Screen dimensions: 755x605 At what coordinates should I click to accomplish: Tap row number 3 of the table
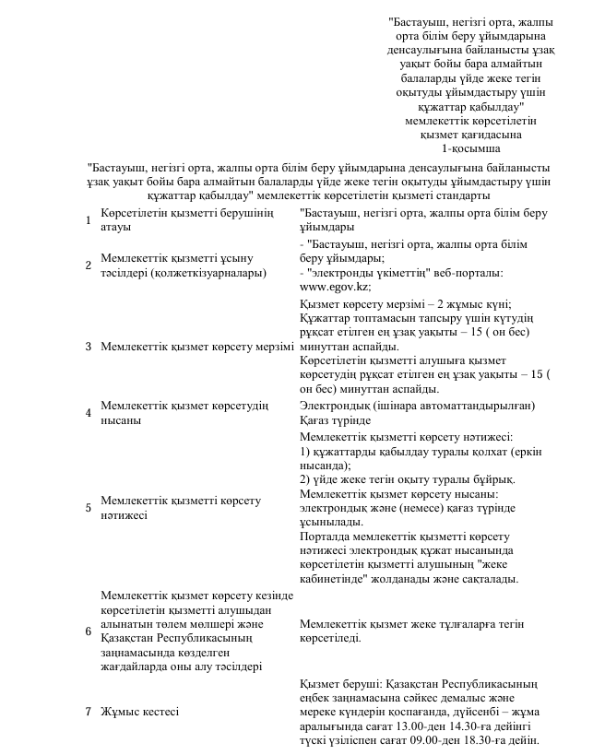coord(88,347)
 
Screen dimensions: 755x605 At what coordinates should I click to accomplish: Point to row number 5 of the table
coord(88,508)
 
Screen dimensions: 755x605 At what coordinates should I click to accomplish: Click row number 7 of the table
coord(88,713)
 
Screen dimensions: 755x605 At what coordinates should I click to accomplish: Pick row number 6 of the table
coord(88,631)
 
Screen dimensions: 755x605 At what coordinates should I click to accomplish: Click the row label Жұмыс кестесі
coord(139,713)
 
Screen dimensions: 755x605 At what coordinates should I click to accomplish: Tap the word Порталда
coord(326,537)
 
